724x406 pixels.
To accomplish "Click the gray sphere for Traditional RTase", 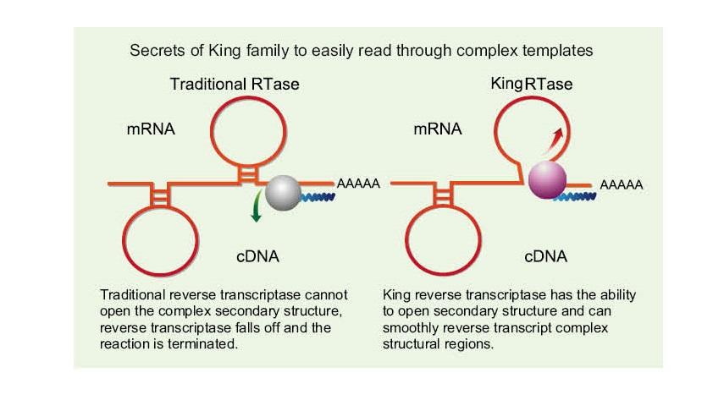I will (283, 193).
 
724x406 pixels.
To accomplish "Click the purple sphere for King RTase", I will (546, 181).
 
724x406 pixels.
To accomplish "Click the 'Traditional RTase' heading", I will (235, 85).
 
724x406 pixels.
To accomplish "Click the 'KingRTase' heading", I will (531, 85).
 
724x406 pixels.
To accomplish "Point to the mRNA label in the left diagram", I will (151, 129).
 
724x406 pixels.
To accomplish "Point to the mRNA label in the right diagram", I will (438, 129).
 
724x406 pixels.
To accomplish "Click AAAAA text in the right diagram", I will (622, 184).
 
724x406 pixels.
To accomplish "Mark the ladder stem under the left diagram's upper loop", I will (246, 173).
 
